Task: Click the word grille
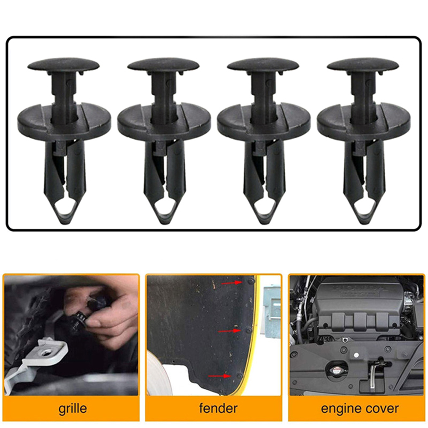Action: [73, 409]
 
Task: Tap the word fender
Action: [218, 408]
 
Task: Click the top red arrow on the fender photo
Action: [232, 283]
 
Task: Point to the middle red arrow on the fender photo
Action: [229, 331]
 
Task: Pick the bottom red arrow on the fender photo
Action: [220, 376]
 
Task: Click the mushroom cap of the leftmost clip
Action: [63, 65]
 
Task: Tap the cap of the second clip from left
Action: [163, 65]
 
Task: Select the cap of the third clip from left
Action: [263, 65]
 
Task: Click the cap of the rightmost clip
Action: [363, 65]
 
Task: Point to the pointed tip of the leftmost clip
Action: [64, 224]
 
